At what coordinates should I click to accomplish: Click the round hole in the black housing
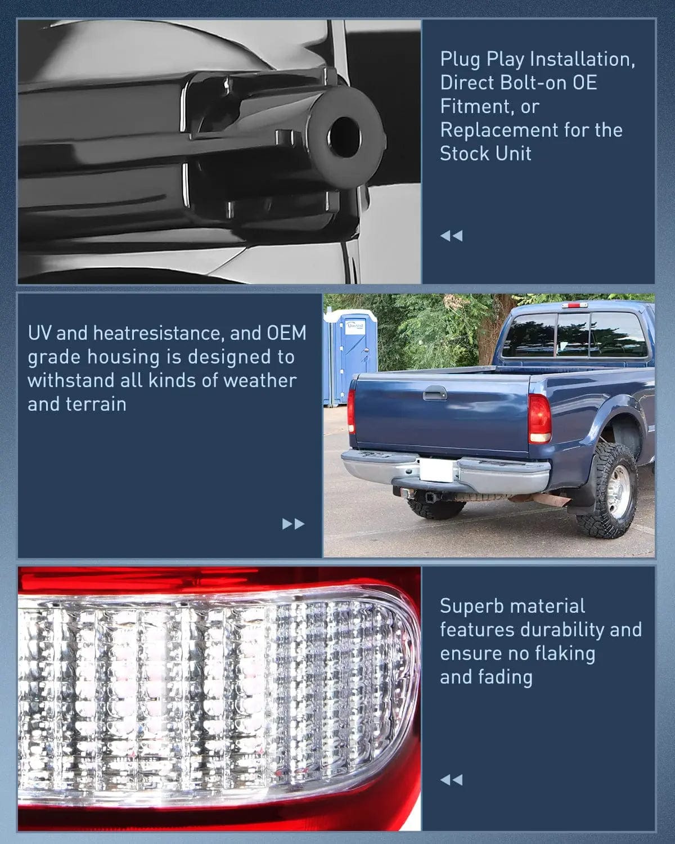[345, 137]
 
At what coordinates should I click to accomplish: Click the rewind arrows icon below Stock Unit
[451, 236]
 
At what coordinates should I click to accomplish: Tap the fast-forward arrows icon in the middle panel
[293, 524]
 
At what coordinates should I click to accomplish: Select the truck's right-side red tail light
[539, 419]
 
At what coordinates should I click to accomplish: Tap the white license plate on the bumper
[436, 470]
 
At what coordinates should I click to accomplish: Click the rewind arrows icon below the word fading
[451, 780]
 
